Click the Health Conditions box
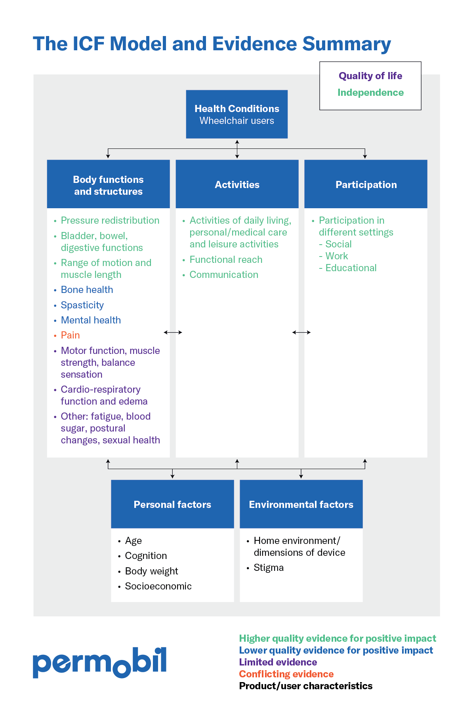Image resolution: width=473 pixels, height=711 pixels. click(236, 114)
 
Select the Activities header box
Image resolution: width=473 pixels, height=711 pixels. click(237, 184)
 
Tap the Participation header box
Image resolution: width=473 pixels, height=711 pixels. click(366, 184)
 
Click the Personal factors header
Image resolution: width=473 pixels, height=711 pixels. click(172, 504)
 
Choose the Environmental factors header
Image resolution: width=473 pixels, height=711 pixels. click(301, 504)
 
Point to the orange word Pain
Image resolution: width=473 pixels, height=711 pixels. click(70, 335)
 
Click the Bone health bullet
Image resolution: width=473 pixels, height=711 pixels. click(87, 290)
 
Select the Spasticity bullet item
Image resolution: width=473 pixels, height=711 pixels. click(82, 305)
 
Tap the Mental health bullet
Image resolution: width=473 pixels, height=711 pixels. click(91, 320)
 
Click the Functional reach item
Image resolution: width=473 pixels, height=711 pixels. click(226, 260)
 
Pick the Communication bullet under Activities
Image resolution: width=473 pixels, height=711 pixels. click(224, 275)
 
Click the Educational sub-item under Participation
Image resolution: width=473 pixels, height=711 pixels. click(351, 268)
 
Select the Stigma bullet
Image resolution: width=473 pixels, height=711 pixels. click(269, 568)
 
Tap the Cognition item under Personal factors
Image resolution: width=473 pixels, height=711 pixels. click(146, 556)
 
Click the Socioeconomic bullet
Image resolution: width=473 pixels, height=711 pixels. click(158, 586)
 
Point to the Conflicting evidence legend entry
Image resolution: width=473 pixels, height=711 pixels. click(286, 674)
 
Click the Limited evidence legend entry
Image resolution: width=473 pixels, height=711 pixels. click(278, 662)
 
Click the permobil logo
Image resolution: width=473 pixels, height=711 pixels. click(99, 662)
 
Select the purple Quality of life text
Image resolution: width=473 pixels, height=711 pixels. click(370, 76)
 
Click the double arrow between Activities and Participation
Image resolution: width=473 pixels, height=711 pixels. click(301, 333)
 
